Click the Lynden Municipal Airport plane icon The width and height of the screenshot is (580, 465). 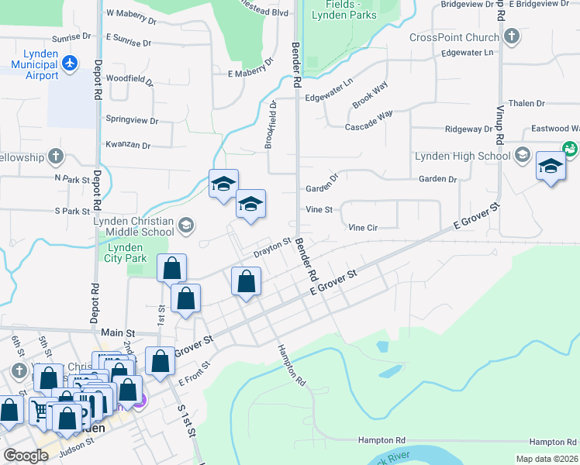(x=70, y=62)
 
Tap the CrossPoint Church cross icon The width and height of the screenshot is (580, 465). (x=511, y=37)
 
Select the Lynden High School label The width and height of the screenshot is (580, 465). (x=462, y=156)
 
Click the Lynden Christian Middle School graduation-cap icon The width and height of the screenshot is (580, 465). (x=185, y=226)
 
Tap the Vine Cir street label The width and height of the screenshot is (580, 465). (x=362, y=228)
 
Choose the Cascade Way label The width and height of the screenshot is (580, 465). (x=369, y=122)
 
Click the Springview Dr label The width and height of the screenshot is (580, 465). (x=132, y=121)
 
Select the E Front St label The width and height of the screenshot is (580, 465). (x=195, y=373)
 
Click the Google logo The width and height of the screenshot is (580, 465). (x=26, y=456)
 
